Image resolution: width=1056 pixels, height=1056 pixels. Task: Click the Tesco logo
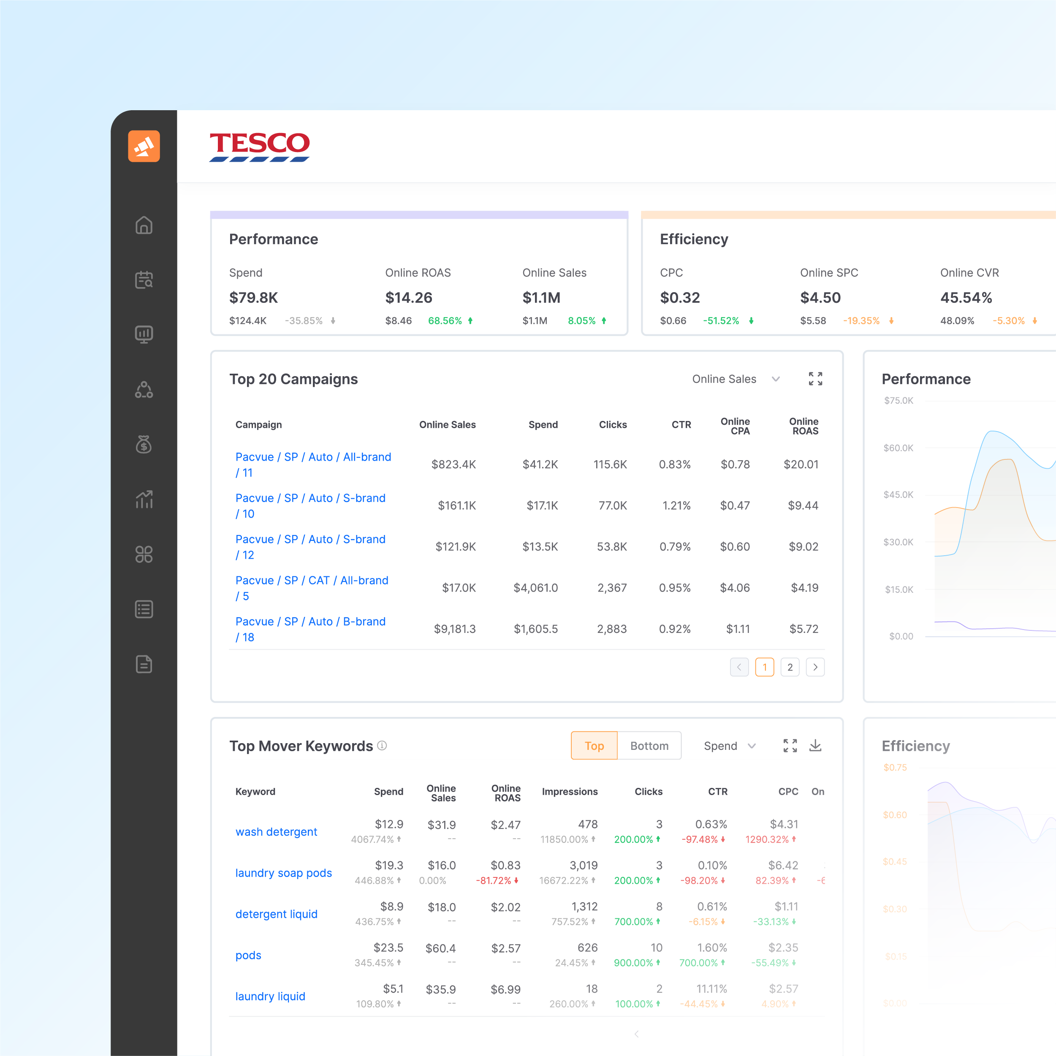[x=259, y=147]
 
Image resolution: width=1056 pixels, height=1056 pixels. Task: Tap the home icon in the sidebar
[x=144, y=225]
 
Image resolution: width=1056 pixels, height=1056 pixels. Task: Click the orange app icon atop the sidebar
[x=144, y=146]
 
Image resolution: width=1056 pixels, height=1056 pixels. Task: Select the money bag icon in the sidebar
[x=144, y=444]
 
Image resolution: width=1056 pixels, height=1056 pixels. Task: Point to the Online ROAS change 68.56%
[x=445, y=321]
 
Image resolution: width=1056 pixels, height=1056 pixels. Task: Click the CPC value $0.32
[x=679, y=298]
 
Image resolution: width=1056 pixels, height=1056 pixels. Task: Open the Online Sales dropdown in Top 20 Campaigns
[x=735, y=379]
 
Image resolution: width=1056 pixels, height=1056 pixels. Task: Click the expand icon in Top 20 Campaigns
[x=815, y=379]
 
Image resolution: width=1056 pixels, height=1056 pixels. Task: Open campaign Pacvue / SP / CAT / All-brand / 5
[x=312, y=588]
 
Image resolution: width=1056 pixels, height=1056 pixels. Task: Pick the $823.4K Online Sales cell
[x=453, y=464]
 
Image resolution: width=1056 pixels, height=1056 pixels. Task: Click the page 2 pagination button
[x=790, y=668]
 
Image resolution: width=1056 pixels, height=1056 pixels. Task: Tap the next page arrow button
[x=815, y=668]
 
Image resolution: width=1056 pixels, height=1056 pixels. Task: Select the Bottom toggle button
[x=649, y=746]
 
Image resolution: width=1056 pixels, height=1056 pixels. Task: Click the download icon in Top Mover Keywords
[x=815, y=746]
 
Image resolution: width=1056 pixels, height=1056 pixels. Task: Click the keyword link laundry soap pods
[x=283, y=873]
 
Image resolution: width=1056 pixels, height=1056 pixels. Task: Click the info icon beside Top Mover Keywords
[x=382, y=746]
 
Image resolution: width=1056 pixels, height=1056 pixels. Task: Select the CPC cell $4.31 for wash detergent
[x=784, y=824]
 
